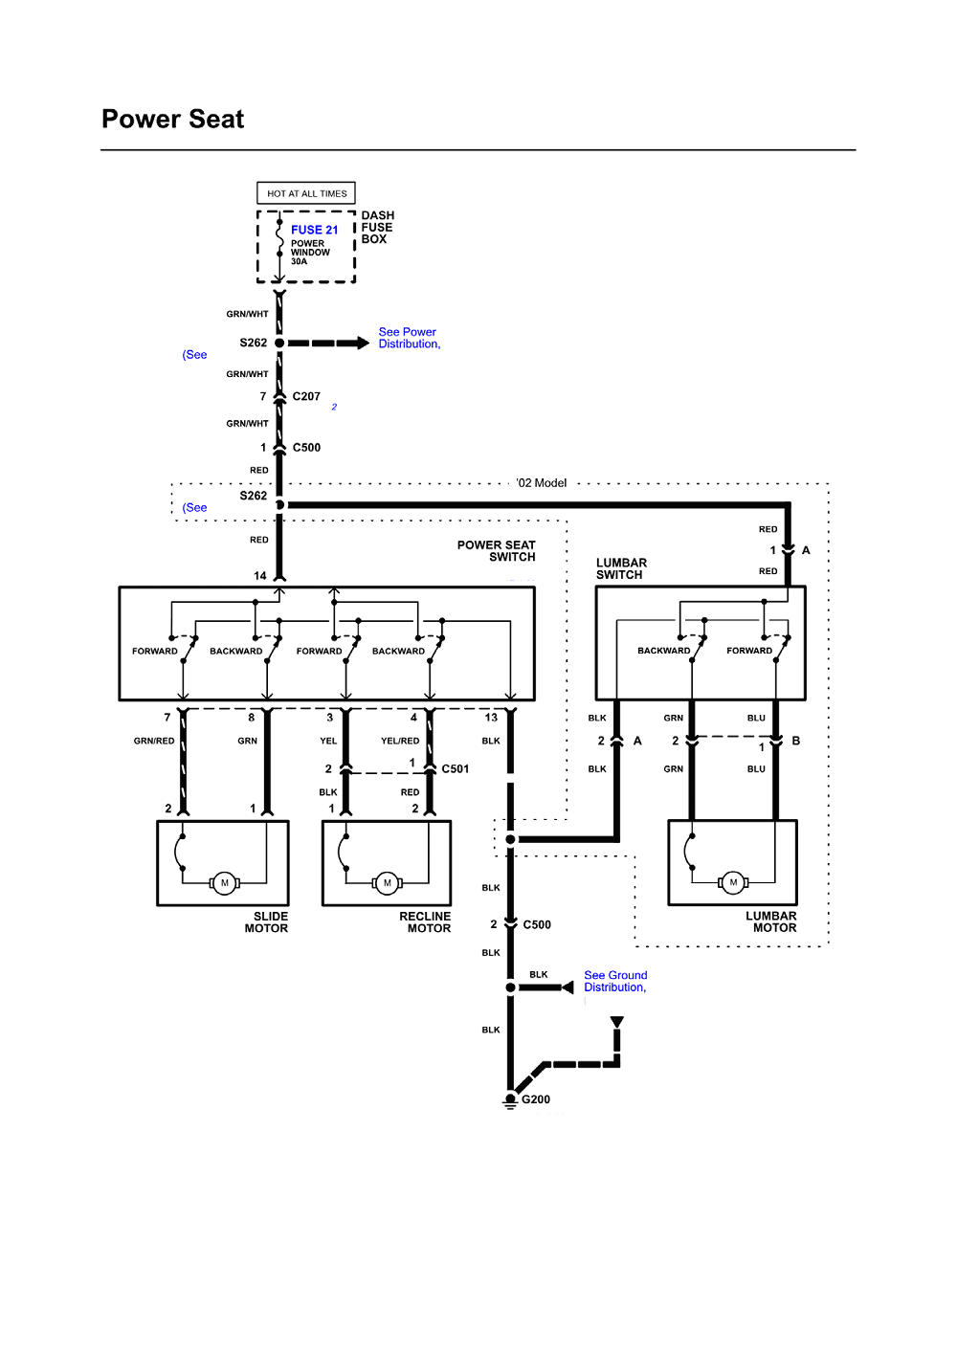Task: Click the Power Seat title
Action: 173,119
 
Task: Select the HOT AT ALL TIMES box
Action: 306,193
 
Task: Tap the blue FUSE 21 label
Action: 314,230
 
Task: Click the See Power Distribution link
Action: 409,338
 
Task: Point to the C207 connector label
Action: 306,396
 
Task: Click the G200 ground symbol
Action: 510,1100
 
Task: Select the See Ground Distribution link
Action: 615,981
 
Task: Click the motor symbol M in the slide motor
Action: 225,883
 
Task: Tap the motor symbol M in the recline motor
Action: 388,883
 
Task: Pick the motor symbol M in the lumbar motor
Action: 733,882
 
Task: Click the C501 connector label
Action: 455,769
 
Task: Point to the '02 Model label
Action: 542,482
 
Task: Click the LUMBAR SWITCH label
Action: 621,568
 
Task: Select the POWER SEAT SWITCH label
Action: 496,551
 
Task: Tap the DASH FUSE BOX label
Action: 378,227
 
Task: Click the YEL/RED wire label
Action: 400,741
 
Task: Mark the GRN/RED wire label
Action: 154,741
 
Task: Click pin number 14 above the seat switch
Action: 259,576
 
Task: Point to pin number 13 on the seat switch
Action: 491,717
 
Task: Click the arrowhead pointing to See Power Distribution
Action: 363,344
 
